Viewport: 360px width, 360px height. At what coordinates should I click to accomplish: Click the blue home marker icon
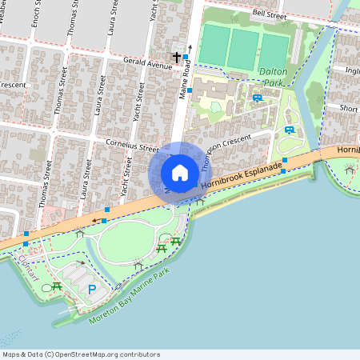(180, 172)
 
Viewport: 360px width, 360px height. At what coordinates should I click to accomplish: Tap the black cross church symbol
(177, 58)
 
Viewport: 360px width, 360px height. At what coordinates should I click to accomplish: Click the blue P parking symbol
(91, 290)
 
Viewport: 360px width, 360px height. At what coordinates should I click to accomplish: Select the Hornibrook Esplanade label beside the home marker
(242, 175)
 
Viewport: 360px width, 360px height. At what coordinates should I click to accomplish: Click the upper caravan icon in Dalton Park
(257, 98)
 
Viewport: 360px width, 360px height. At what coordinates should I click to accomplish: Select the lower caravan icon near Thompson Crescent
(289, 130)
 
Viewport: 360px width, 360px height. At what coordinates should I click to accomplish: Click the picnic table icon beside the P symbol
(57, 286)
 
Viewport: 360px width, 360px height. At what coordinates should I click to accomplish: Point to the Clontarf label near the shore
(26, 262)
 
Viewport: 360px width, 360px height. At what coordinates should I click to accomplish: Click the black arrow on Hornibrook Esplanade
(96, 220)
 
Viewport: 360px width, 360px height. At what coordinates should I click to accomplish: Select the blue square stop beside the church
(186, 57)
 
